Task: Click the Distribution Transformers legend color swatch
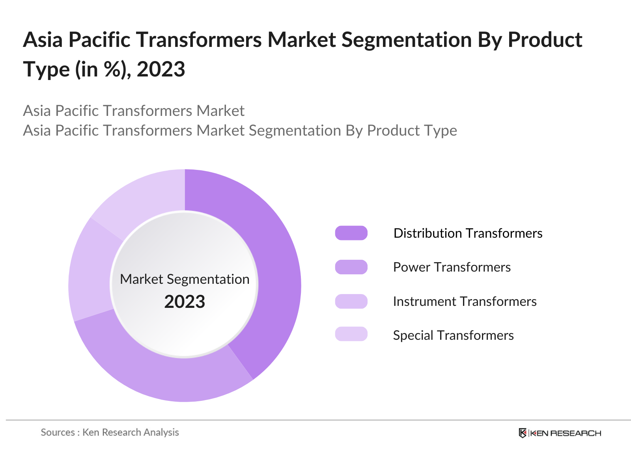pyautogui.click(x=351, y=233)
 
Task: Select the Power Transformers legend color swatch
pyautogui.click(x=351, y=267)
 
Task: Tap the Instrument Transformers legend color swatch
pyautogui.click(x=351, y=301)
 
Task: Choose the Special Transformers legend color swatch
pyautogui.click(x=351, y=334)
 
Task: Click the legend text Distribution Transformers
pyautogui.click(x=468, y=233)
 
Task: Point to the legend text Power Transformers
pyautogui.click(x=452, y=267)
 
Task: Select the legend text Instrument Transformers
pyautogui.click(x=465, y=302)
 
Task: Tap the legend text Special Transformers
pyautogui.click(x=453, y=335)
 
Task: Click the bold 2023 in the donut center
pyautogui.click(x=185, y=302)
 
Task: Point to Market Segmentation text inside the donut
pyautogui.click(x=185, y=279)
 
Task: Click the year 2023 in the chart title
pyautogui.click(x=161, y=69)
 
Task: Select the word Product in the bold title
pyautogui.click(x=545, y=40)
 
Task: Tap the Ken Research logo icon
pyautogui.click(x=523, y=433)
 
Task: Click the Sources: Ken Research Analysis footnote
pyautogui.click(x=110, y=432)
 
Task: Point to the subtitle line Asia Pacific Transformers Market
pyautogui.click(x=134, y=111)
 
